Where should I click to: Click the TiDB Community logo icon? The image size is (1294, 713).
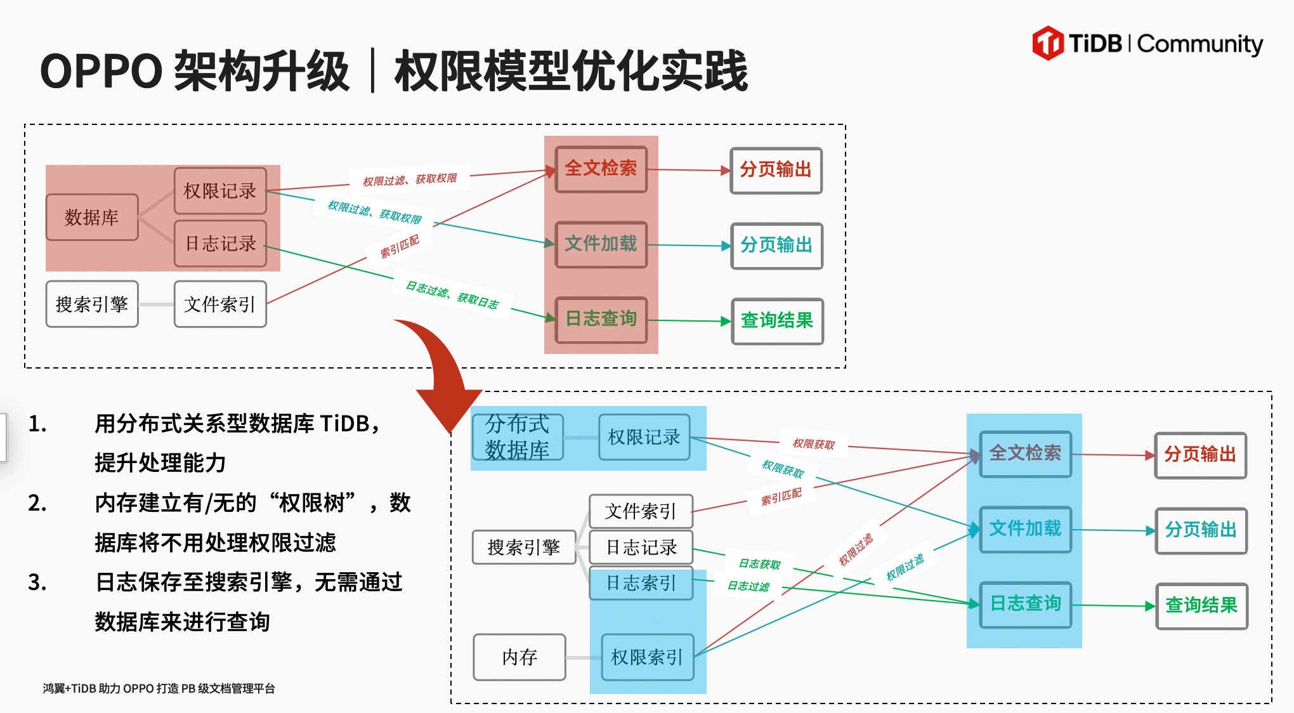(1048, 43)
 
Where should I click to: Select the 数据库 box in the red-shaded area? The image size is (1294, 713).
(92, 218)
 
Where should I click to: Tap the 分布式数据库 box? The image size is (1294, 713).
(518, 437)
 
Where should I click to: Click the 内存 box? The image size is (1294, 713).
(520, 657)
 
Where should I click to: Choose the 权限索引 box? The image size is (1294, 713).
(647, 657)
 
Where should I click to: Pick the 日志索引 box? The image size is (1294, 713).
(641, 583)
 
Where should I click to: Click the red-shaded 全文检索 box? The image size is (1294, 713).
(601, 169)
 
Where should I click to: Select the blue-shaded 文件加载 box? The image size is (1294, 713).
(1025, 528)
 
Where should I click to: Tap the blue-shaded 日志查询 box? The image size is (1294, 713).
(1025, 604)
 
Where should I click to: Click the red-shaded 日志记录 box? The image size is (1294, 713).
(220, 244)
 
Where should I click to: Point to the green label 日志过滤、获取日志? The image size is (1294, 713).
(452, 295)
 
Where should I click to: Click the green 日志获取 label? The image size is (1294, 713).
(759, 564)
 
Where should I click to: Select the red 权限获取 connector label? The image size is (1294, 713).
(814, 444)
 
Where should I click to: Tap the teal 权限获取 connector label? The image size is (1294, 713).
(783, 469)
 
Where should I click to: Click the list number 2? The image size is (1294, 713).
(37, 503)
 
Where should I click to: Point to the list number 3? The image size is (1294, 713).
(37, 582)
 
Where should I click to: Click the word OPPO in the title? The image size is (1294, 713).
(101, 71)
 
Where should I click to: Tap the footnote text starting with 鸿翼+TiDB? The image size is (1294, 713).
(159, 689)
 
